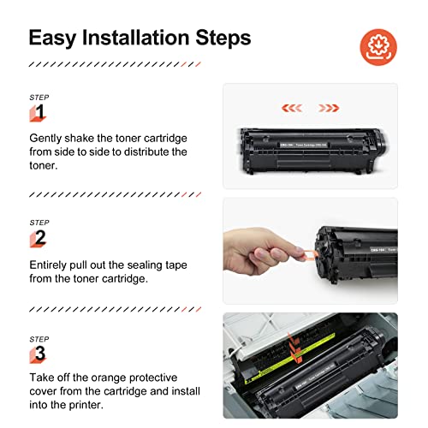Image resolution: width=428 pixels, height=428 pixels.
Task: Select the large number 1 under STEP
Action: click(x=39, y=111)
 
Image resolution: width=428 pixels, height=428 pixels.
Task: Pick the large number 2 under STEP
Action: click(x=39, y=238)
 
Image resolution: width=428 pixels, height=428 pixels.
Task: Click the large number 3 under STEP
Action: click(x=39, y=354)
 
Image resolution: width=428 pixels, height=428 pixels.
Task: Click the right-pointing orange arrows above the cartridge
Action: click(x=329, y=109)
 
